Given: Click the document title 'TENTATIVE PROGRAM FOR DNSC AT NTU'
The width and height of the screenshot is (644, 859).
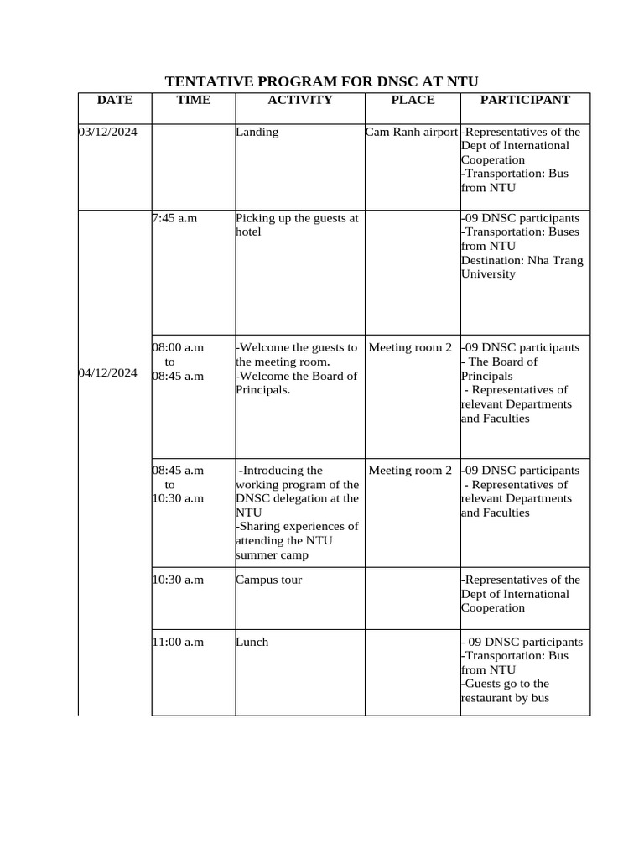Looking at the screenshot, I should [x=321, y=81].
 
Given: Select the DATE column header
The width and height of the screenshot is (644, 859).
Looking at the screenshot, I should [x=115, y=100].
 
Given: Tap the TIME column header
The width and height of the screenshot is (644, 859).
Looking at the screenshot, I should [x=194, y=100].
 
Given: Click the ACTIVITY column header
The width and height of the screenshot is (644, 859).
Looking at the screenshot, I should [x=299, y=100].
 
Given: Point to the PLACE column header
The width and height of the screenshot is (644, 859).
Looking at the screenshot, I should [x=413, y=100].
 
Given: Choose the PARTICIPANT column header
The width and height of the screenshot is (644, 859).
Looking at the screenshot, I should [x=525, y=100].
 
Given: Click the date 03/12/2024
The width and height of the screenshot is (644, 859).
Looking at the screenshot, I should [x=108, y=132].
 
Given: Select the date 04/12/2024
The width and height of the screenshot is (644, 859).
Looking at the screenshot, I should [x=108, y=373].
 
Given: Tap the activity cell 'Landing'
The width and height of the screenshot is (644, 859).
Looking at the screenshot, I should [x=257, y=132].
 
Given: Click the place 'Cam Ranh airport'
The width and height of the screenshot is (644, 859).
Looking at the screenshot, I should [x=412, y=132].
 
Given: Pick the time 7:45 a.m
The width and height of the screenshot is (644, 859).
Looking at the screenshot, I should [x=174, y=218].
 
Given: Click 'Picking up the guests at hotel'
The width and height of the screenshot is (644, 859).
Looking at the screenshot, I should [x=297, y=225].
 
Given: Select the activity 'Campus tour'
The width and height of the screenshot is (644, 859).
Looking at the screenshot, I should [x=268, y=580].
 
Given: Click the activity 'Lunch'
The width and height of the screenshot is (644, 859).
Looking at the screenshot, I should [x=252, y=642].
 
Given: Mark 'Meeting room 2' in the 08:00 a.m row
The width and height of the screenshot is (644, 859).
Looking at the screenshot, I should [x=410, y=347].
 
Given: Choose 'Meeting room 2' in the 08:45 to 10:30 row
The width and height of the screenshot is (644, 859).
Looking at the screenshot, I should [x=410, y=471].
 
